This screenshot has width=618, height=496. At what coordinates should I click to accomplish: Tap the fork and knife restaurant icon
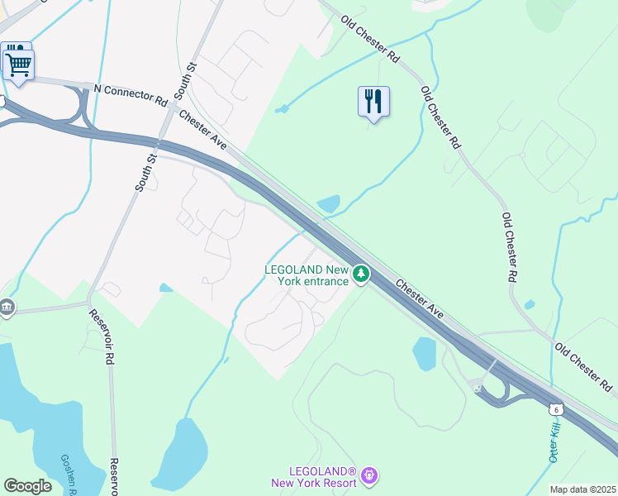point(373,102)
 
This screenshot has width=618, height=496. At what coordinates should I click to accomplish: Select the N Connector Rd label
point(130,94)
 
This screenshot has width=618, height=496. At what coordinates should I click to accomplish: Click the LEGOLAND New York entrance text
point(307,275)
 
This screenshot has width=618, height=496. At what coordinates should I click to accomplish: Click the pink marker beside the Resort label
point(369,475)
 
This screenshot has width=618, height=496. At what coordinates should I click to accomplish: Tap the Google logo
point(28,485)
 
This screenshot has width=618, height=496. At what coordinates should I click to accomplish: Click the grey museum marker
point(7,308)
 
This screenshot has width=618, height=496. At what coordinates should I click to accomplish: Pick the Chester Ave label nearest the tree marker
point(420,299)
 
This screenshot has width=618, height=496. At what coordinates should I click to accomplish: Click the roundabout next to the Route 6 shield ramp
point(478,385)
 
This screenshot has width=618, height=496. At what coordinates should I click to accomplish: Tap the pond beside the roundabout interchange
point(425,354)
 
